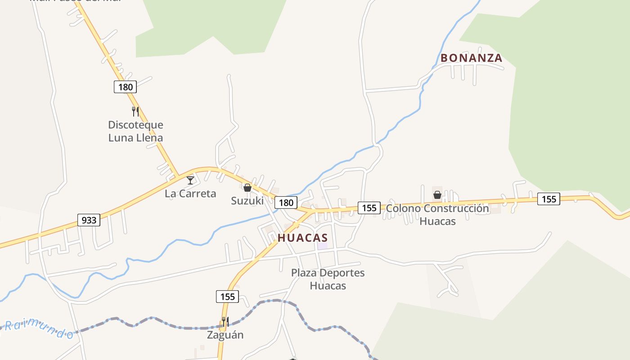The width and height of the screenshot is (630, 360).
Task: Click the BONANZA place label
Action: pyautogui.click(x=471, y=58)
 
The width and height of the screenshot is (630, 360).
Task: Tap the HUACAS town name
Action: pyautogui.click(x=303, y=238)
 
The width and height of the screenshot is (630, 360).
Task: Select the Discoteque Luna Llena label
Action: pyautogui.click(x=135, y=131)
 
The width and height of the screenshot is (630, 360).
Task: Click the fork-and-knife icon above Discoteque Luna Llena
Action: pyautogui.click(x=135, y=111)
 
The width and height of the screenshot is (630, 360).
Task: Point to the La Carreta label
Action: pyautogui.click(x=190, y=193)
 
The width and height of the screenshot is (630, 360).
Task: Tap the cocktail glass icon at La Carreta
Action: pyautogui.click(x=190, y=180)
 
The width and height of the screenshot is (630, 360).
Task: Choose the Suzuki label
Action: pyautogui.click(x=247, y=201)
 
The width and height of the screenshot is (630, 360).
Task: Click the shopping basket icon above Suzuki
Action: pyautogui.click(x=247, y=188)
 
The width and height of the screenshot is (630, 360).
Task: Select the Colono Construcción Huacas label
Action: pyautogui.click(x=437, y=215)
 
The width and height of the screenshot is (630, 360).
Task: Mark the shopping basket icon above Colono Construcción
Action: pyautogui.click(x=437, y=195)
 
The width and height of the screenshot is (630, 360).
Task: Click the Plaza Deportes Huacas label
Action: pyautogui.click(x=328, y=279)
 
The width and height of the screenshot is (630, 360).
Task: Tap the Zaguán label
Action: pyautogui.click(x=225, y=335)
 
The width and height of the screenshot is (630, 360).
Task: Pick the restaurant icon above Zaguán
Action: pyautogui.click(x=225, y=322)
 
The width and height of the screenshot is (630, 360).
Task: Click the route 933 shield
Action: pyautogui.click(x=89, y=220)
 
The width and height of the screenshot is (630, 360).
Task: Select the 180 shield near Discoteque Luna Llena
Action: pyautogui.click(x=125, y=87)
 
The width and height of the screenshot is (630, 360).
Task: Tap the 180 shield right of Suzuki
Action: pyautogui.click(x=286, y=202)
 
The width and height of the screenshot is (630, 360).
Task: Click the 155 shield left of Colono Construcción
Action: pyautogui.click(x=369, y=207)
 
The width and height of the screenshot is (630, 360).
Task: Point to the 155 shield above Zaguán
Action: pyautogui.click(x=227, y=297)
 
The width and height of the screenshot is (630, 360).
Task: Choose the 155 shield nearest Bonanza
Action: pyautogui.click(x=549, y=199)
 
